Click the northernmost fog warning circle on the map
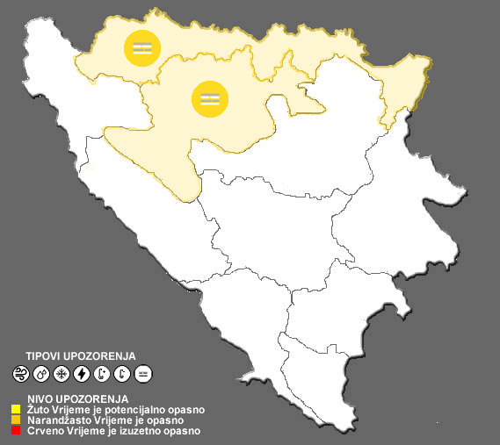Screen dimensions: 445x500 142,47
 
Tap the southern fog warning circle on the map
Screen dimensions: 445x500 209,97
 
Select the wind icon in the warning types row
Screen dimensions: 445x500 20,374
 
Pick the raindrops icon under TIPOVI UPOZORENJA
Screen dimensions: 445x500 40,374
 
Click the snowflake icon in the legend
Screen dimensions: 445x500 62,374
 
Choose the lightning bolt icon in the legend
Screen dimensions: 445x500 82,374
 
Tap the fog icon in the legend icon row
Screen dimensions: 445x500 143,374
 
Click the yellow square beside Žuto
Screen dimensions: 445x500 16,409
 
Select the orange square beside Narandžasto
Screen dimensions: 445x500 16,420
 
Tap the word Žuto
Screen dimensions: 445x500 38,409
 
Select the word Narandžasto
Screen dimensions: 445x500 54,420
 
